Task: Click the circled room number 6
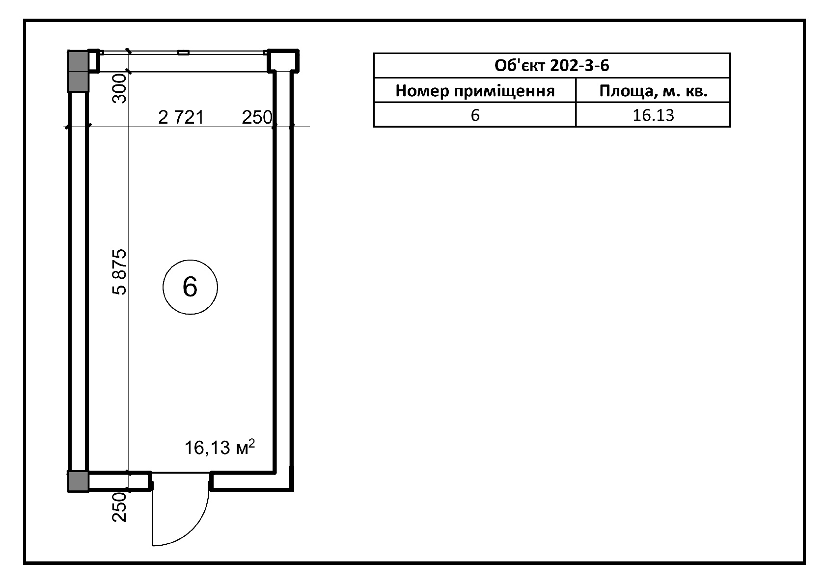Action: (190, 287)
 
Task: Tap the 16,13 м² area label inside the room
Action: (220, 447)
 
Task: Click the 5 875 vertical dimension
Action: (119, 272)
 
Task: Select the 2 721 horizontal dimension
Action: (181, 117)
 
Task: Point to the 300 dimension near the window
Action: (119, 88)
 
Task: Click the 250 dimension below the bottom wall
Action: (119, 507)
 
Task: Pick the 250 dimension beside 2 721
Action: (257, 117)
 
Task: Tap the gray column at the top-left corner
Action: (78, 71)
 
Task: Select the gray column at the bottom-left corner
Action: (78, 481)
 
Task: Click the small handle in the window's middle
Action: (184, 53)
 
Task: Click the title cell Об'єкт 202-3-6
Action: (552, 65)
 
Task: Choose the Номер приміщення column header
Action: (475, 90)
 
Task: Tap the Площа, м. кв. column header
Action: (653, 90)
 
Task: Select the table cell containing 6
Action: (475, 115)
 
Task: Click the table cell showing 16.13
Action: (653, 115)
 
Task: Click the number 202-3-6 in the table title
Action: (579, 65)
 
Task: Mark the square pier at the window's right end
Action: (283, 60)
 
